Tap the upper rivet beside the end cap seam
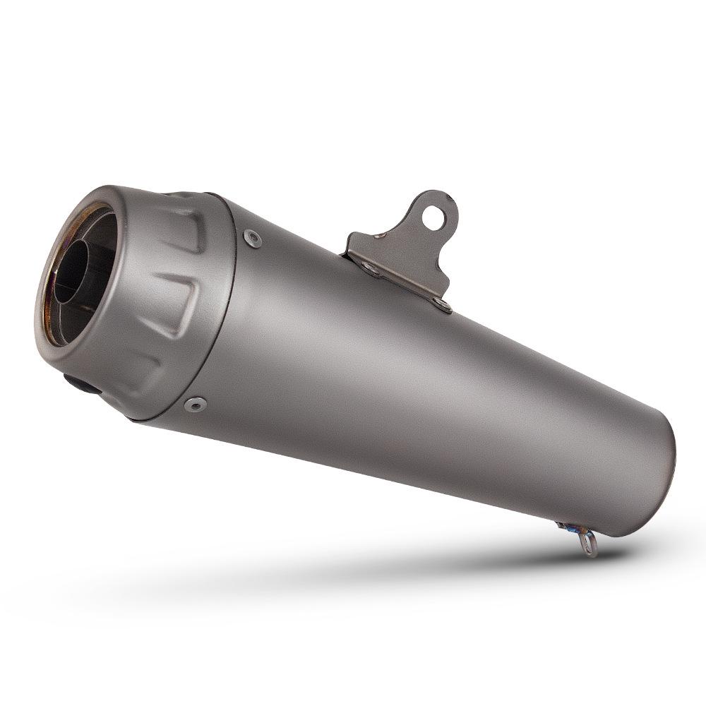coord(251,238)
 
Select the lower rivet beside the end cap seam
coord(194,405)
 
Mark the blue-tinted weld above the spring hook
coord(566,526)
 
